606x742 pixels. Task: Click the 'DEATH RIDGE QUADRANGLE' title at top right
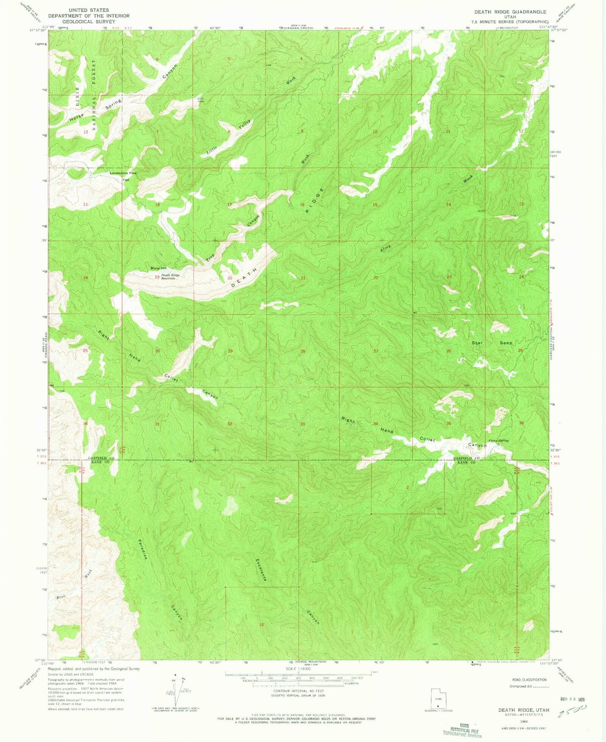tap(510, 12)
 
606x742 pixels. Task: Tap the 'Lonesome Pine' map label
tap(123, 173)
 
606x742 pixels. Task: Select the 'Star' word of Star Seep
tap(477, 343)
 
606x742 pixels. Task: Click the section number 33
tap(302, 424)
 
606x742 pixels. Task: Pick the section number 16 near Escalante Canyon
tap(261, 624)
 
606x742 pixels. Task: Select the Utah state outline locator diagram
tap(438, 700)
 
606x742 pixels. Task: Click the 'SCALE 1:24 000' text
tap(298, 669)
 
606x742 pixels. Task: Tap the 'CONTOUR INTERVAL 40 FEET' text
tap(298, 691)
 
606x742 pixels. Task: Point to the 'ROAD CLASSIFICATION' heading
tap(529, 679)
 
